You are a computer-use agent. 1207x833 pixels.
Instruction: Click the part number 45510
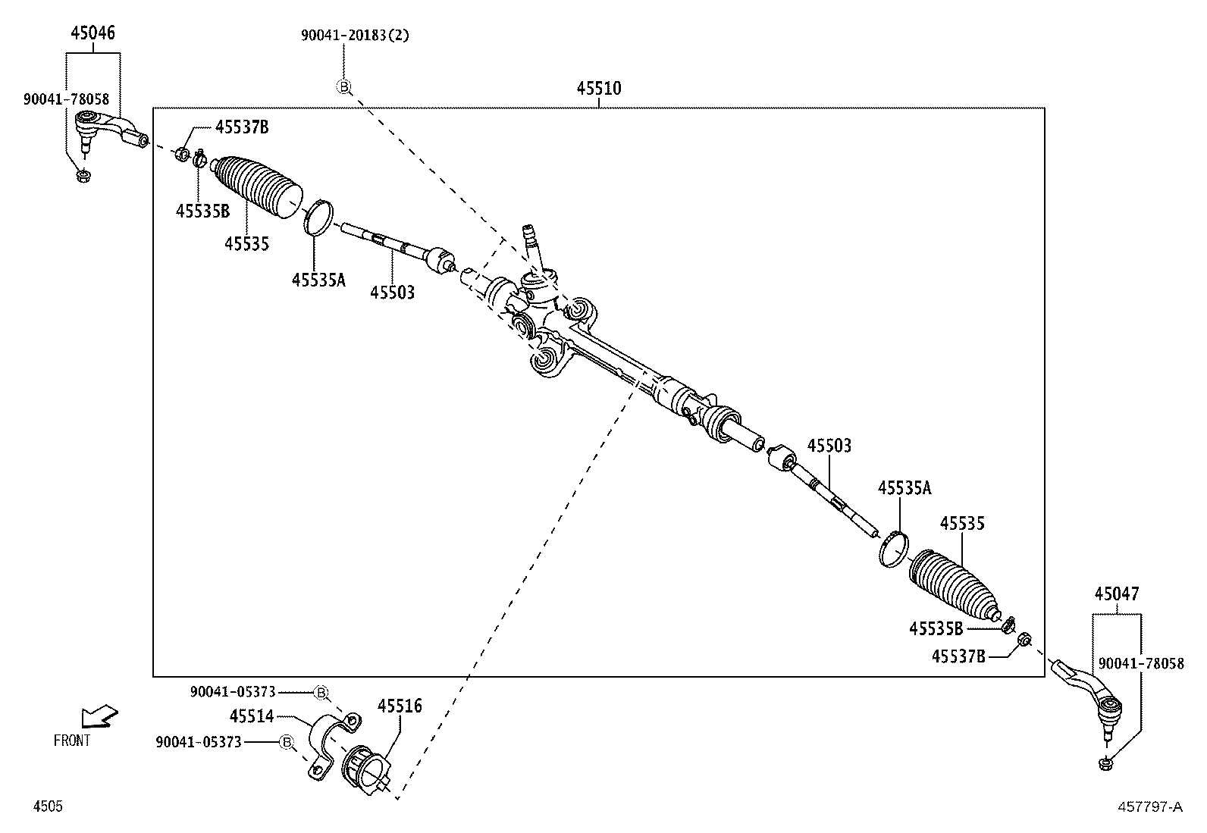coord(598,89)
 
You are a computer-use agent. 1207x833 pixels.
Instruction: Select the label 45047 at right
coord(1116,593)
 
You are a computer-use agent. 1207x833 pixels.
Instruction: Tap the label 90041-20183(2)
coord(355,35)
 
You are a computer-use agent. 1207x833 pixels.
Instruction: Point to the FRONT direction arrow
coord(100,716)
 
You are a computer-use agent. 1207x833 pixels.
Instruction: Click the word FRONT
coord(72,741)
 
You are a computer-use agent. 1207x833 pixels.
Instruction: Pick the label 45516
coord(400,706)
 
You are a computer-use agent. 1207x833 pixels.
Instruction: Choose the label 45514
coord(252,716)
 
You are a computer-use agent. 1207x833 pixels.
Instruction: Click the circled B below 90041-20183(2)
coord(343,87)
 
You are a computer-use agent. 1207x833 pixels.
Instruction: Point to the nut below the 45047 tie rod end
coord(1105,764)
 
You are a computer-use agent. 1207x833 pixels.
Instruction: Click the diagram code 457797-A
coord(1149,807)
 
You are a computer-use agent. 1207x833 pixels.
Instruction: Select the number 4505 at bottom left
coord(47,807)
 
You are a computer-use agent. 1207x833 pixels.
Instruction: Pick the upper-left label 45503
coord(392,292)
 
